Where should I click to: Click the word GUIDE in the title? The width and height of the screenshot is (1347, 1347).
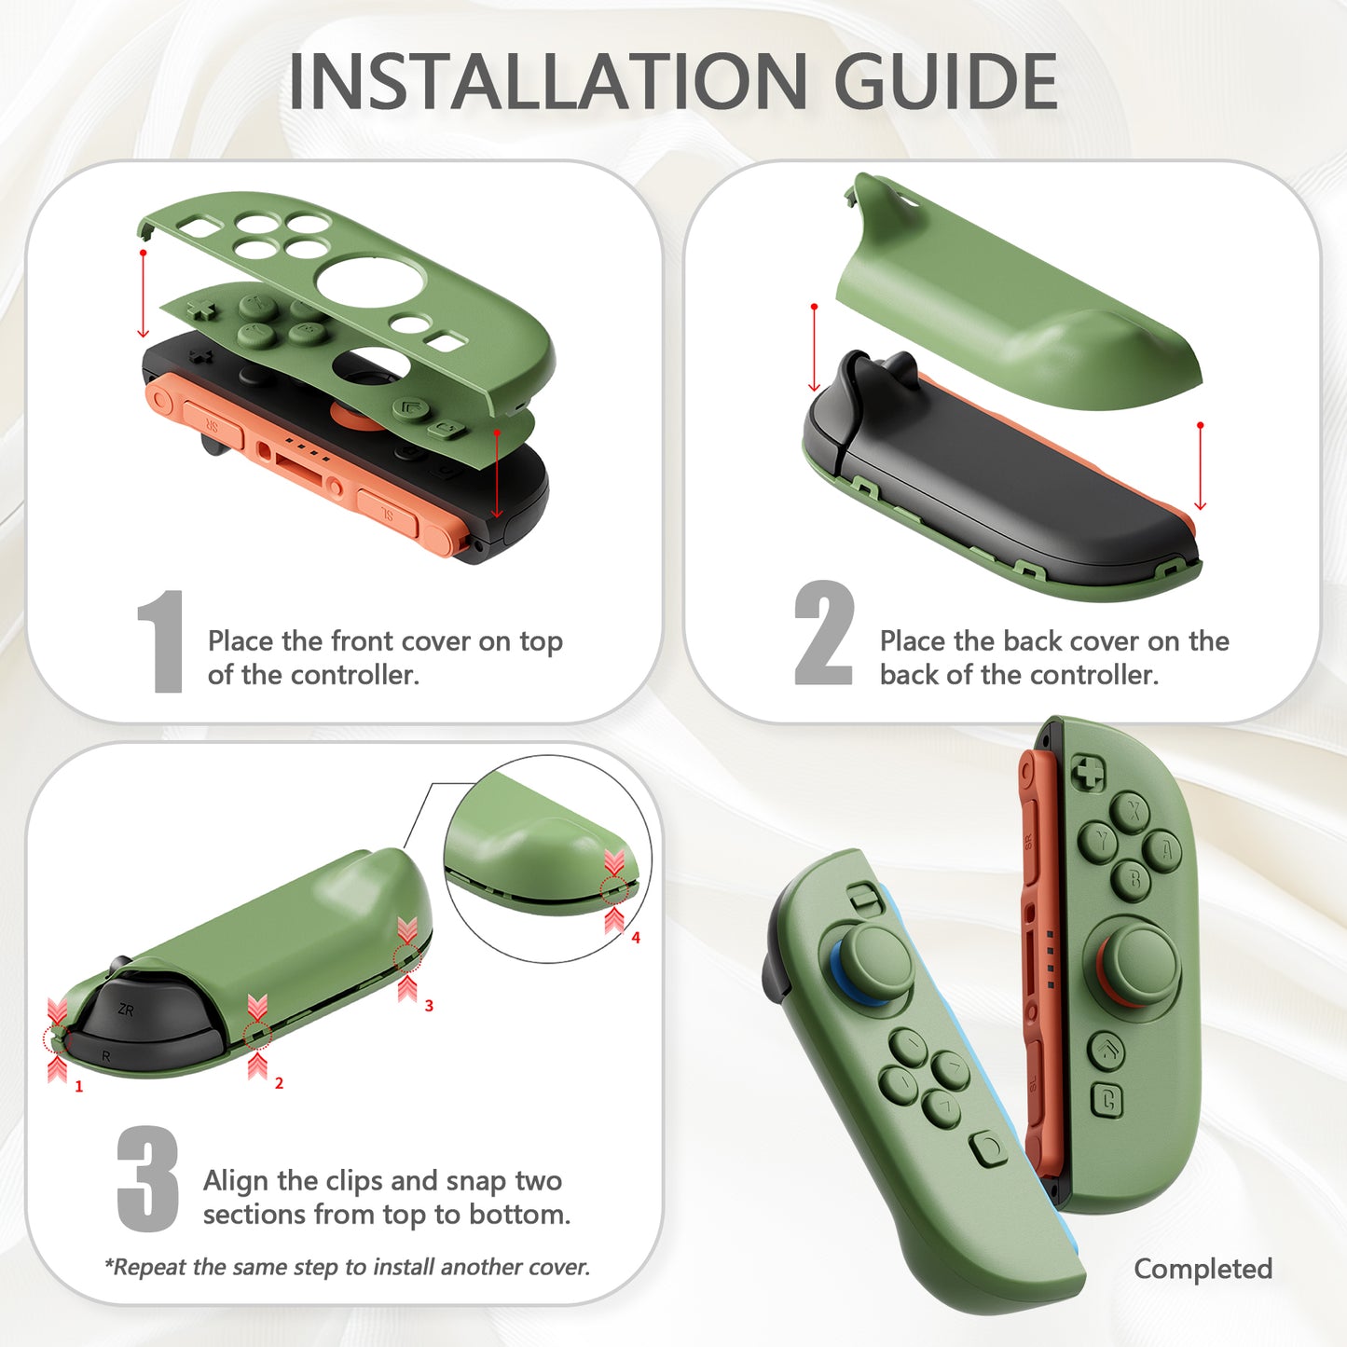click(x=945, y=82)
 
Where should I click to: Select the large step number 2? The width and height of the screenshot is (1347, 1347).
click(x=823, y=634)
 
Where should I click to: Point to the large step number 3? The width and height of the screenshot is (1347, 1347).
click(x=147, y=1178)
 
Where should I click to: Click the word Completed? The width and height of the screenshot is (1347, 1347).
click(x=1203, y=1269)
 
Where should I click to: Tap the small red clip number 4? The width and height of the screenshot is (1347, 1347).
click(x=636, y=938)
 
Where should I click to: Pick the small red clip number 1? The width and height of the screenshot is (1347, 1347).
click(x=79, y=1086)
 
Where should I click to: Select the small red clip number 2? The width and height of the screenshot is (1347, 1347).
click(x=279, y=1083)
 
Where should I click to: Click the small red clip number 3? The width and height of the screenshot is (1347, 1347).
click(x=429, y=1006)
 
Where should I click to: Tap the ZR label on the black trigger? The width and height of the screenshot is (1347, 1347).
click(x=126, y=1010)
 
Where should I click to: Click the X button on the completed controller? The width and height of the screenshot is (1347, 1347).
click(x=1132, y=810)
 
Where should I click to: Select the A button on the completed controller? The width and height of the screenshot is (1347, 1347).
click(x=1165, y=849)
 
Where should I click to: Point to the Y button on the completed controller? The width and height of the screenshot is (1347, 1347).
click(x=1100, y=842)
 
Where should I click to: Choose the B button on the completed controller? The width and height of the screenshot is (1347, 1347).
click(x=1134, y=879)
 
